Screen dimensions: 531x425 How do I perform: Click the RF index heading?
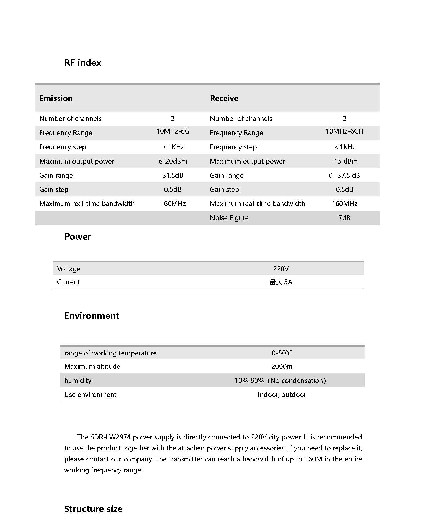[x=83, y=63]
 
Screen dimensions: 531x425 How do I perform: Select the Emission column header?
[x=56, y=98]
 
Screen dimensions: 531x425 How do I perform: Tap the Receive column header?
[x=224, y=98]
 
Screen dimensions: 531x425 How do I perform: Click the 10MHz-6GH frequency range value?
[x=344, y=131]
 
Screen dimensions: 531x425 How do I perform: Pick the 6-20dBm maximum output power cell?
[x=173, y=161]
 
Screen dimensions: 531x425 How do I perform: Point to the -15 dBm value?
[x=344, y=161]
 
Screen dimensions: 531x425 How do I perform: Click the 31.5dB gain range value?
[x=173, y=175]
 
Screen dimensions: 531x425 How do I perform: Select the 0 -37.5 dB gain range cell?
[x=344, y=175]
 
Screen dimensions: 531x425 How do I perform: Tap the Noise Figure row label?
[x=229, y=218]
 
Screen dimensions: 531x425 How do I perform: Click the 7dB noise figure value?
[x=344, y=218]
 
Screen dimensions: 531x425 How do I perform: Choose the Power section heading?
[x=78, y=236]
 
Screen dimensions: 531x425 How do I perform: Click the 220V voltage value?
[x=281, y=269]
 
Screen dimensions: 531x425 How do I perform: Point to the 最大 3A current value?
[x=281, y=282]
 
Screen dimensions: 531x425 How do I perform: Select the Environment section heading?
[x=92, y=316]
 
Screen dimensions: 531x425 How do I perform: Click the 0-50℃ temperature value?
[x=282, y=353]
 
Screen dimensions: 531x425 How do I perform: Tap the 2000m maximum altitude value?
[x=282, y=366]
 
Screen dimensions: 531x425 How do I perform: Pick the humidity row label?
[x=78, y=381]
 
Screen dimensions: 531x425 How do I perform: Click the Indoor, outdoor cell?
[x=282, y=395]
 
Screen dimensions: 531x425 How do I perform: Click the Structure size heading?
[x=93, y=509]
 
